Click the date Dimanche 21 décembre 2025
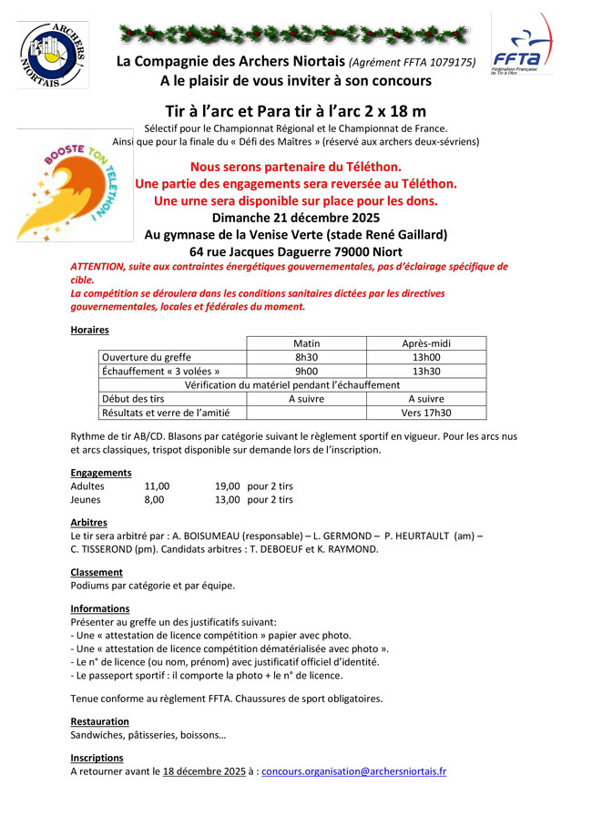click(295, 218)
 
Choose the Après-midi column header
click(425, 343)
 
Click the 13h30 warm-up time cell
click(425, 372)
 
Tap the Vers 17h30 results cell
click(425, 413)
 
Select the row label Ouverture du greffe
click(147, 357)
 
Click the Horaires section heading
click(89, 330)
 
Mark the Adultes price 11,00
click(157, 486)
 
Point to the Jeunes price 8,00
click(154, 500)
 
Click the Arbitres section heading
click(88, 523)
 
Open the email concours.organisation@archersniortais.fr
click(353, 771)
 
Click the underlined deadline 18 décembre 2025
click(204, 771)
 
